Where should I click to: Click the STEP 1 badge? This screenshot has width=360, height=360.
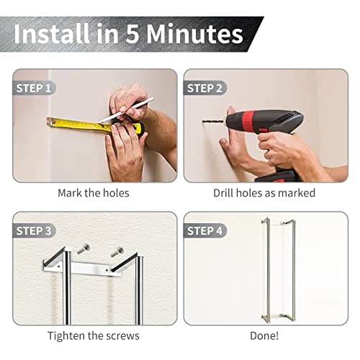(34, 89)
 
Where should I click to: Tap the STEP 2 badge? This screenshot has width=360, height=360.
(205, 89)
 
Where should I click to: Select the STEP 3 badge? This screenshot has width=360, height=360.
(34, 231)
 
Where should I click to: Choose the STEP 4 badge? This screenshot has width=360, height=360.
(205, 231)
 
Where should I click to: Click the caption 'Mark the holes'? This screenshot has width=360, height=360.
(93, 193)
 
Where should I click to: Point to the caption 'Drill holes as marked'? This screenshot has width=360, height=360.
(264, 193)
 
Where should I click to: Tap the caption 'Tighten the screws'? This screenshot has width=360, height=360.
(93, 336)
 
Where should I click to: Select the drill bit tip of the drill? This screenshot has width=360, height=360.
(207, 122)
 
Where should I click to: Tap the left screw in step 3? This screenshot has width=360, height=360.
(83, 250)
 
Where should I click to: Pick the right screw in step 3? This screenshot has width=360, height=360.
(116, 252)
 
